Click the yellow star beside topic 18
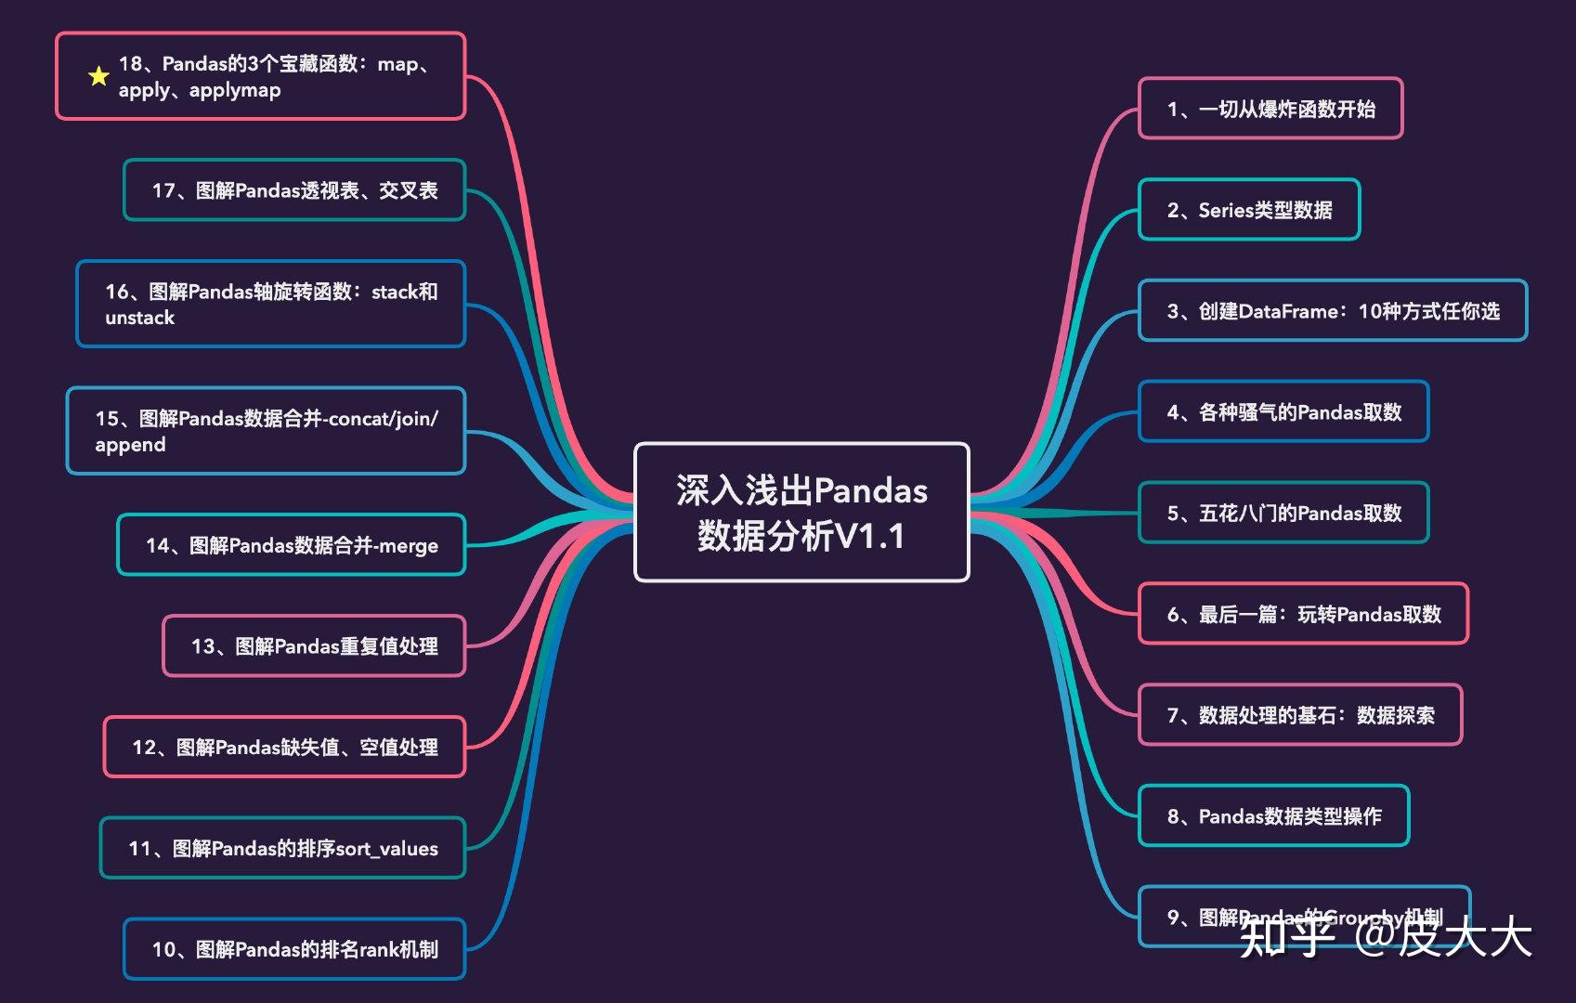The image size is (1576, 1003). (98, 76)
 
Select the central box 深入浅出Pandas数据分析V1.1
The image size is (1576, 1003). (801, 513)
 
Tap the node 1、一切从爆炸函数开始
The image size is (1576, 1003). (1270, 109)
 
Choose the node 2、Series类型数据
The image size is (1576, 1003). (1249, 210)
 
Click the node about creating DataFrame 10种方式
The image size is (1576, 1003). (1333, 311)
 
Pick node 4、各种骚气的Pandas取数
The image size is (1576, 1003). (1283, 411)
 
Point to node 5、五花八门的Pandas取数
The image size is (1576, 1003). (1283, 513)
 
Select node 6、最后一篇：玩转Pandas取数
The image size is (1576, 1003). (1303, 614)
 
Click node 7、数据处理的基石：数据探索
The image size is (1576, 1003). (1300, 715)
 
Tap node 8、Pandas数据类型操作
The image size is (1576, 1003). (1273, 816)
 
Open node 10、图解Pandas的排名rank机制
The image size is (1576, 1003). (294, 949)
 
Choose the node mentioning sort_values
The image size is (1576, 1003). (282, 848)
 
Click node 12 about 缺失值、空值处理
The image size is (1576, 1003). (284, 747)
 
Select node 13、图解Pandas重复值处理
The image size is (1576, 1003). (314, 646)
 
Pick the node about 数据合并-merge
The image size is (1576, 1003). (291, 545)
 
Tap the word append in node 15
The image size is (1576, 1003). (130, 445)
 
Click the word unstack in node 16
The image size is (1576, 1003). (139, 318)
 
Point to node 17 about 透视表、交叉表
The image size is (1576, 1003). (294, 190)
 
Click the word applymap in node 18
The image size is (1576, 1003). (235, 90)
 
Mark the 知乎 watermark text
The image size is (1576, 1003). (1285, 935)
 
